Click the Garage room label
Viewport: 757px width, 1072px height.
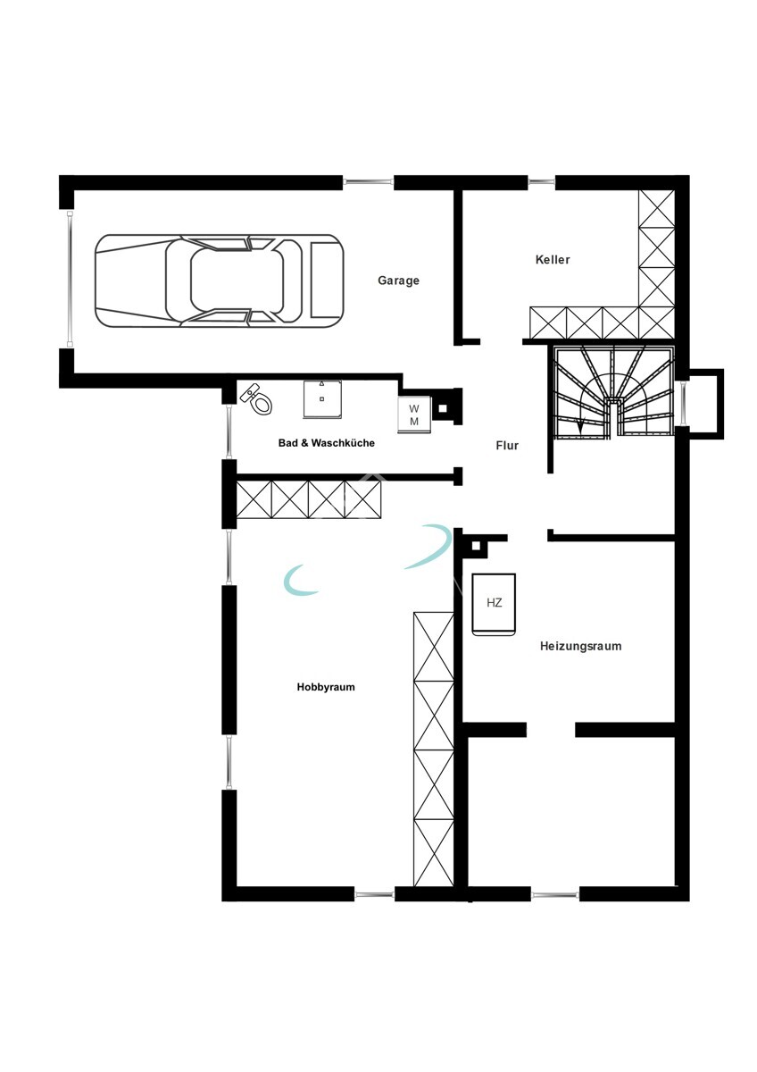point(398,281)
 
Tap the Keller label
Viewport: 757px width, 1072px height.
point(553,260)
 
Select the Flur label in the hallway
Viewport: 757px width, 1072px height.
point(507,446)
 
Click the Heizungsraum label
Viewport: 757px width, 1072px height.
point(580,646)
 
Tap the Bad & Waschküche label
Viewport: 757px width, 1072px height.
point(326,443)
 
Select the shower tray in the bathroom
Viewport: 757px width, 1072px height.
point(322,398)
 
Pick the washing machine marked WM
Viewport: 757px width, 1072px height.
point(414,415)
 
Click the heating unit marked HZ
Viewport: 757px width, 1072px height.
point(494,605)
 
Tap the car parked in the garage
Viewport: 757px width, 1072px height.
point(219,281)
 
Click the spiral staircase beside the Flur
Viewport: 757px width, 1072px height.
point(613,391)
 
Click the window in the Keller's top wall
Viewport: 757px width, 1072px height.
point(541,181)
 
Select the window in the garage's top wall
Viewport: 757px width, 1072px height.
point(369,181)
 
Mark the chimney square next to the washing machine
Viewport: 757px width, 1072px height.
point(443,409)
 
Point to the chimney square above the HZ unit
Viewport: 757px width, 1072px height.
point(476,546)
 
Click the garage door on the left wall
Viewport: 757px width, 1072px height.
point(70,279)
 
